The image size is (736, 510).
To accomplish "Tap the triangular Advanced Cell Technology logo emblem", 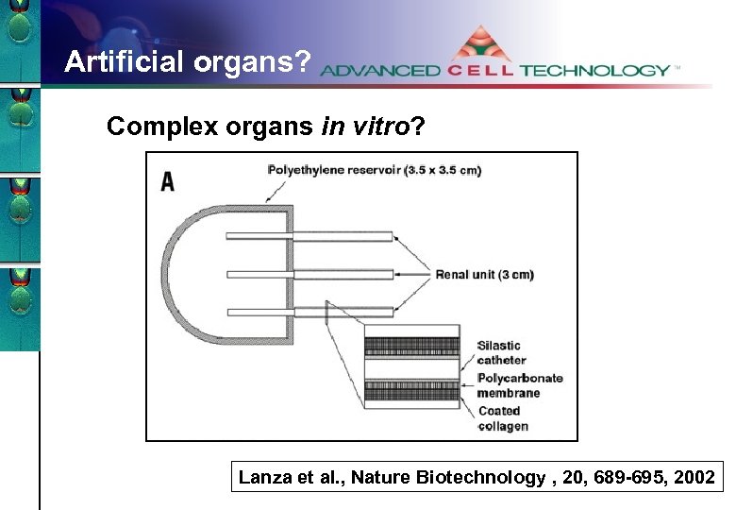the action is click(x=480, y=46).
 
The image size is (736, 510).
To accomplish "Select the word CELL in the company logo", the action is click(x=481, y=71).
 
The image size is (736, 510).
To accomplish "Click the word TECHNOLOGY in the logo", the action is click(x=594, y=71).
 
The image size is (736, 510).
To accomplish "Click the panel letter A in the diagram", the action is click(x=168, y=180).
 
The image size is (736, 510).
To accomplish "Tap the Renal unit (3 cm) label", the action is click(x=484, y=275).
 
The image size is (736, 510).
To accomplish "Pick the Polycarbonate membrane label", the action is click(x=519, y=385).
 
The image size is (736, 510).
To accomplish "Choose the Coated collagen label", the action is click(x=503, y=418).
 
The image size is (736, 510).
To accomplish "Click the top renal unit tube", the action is click(x=311, y=236).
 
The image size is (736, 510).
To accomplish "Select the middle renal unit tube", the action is click(x=311, y=275).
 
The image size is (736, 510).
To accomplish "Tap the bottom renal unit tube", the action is click(x=311, y=313).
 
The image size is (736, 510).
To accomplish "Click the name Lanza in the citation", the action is click(x=262, y=478).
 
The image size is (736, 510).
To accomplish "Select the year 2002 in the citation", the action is click(x=694, y=478).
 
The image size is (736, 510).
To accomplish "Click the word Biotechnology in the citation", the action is click(x=484, y=478).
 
